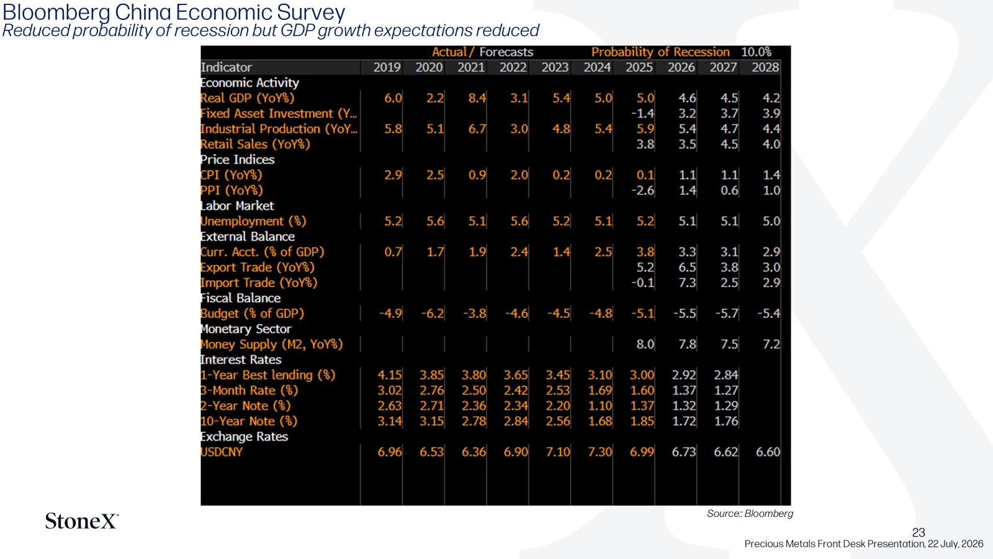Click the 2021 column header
click(471, 68)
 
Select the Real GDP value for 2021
click(477, 98)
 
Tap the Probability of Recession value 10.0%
click(757, 52)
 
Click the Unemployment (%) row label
click(253, 221)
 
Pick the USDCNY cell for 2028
click(768, 452)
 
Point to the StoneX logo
click(82, 521)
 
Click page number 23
click(919, 532)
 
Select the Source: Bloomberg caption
click(750, 513)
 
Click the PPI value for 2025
click(642, 190)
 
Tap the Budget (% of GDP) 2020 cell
click(432, 314)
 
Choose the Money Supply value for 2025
click(645, 344)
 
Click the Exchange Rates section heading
click(245, 437)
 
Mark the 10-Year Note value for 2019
click(390, 421)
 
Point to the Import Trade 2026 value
click(687, 283)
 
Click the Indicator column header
click(226, 68)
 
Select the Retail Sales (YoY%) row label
click(255, 144)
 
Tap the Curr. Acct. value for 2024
click(603, 252)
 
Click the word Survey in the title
click(311, 12)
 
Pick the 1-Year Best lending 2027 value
click(726, 375)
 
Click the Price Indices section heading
click(237, 160)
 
